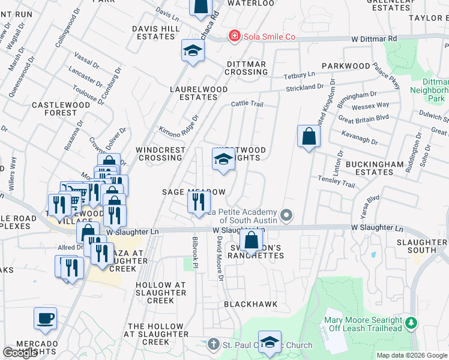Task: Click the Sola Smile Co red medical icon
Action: pyautogui.click(x=234, y=37)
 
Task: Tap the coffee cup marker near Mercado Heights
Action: pyautogui.click(x=45, y=319)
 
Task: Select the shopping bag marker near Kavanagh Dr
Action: pyautogui.click(x=308, y=136)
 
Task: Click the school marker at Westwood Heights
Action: pyautogui.click(x=223, y=160)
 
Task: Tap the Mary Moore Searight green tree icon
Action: pyautogui.click(x=411, y=324)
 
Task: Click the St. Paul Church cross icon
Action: pyautogui.click(x=213, y=345)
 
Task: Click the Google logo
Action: pyautogui.click(x=20, y=353)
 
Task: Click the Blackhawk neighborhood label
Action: pyautogui.click(x=251, y=304)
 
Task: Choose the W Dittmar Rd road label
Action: pyautogui.click(x=376, y=38)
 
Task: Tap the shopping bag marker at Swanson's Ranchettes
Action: pyautogui.click(x=252, y=240)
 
